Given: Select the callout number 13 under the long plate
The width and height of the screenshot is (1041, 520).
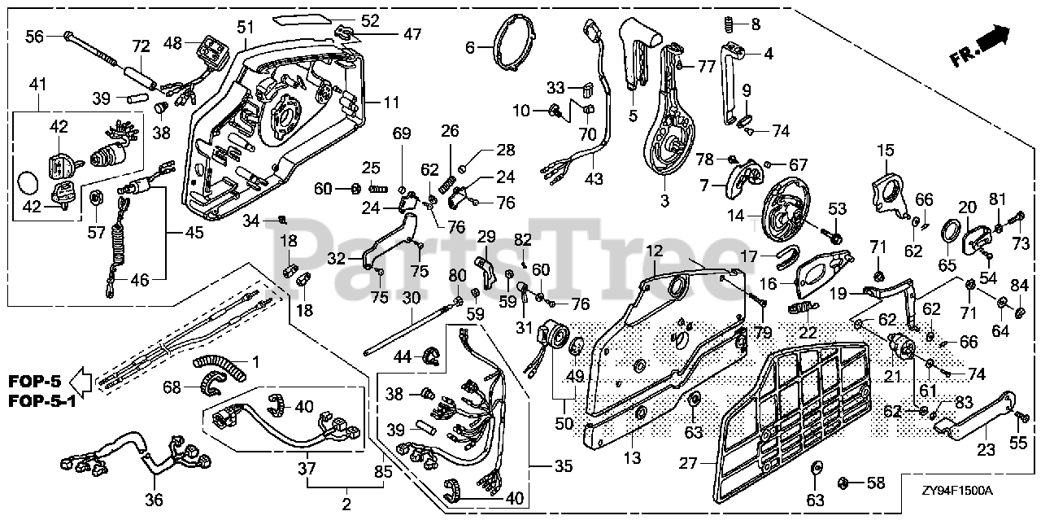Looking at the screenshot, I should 633,460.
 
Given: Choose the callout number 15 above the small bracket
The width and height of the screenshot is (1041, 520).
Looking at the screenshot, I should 885,150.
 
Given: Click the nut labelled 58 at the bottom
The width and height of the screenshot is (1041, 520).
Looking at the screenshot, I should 843,483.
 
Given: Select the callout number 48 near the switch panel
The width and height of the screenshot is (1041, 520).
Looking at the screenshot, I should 172,42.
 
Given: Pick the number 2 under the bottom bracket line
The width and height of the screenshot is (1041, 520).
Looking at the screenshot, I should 346,505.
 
